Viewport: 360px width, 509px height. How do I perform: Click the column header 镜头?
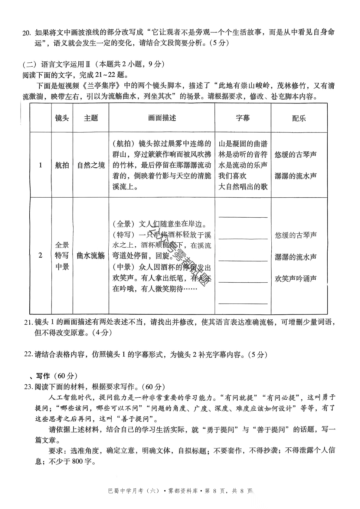tap(62, 118)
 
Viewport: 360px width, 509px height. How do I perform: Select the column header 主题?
tap(91, 118)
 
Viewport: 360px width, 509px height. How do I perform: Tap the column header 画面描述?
tap(162, 118)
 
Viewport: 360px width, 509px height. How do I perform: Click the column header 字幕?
tap(243, 118)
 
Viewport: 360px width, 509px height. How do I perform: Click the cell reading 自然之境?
tap(91, 165)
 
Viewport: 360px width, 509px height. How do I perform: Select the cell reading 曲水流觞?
tap(91, 256)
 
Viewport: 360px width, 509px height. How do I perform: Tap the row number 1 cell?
tap(41, 165)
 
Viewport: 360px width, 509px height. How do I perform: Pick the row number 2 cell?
tap(41, 256)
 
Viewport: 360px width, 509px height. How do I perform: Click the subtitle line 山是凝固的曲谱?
tap(243, 144)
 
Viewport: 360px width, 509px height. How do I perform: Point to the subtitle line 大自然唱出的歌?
tap(243, 187)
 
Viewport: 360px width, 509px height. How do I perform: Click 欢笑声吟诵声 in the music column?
tap(296, 279)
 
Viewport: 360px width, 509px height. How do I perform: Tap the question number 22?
tap(28, 355)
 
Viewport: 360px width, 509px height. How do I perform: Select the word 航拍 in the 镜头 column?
tap(62, 165)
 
